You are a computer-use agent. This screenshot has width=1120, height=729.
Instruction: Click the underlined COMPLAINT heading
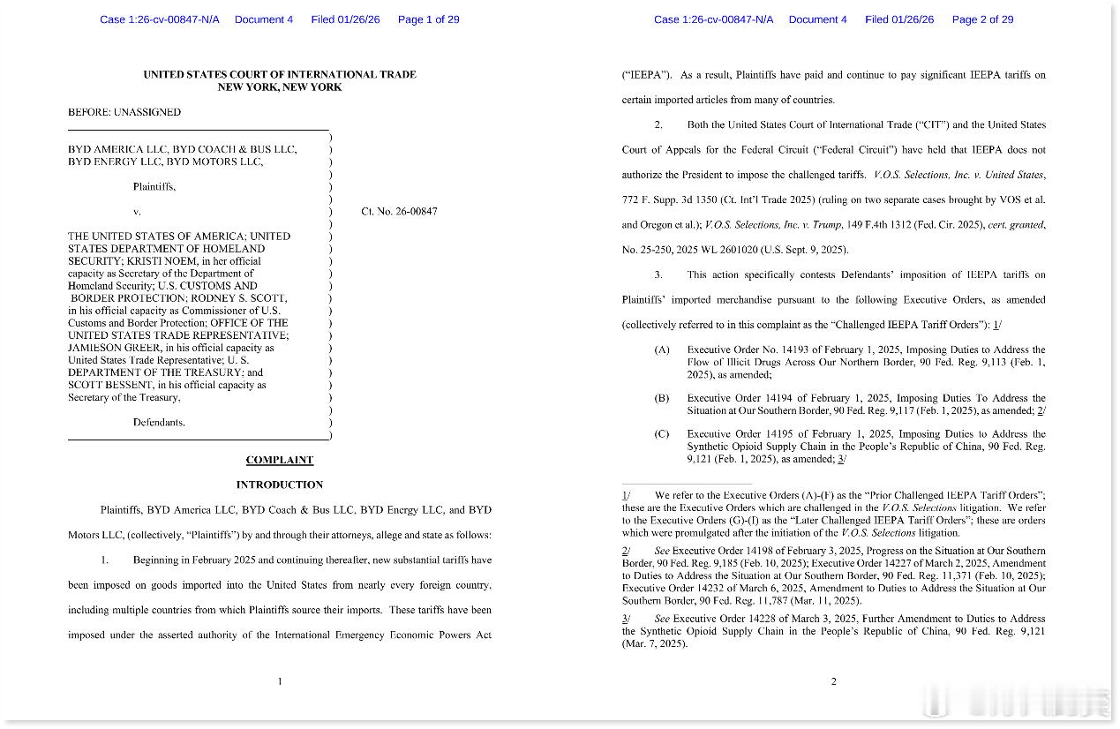pos(279,460)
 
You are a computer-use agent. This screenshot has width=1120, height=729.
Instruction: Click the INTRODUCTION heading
pos(279,485)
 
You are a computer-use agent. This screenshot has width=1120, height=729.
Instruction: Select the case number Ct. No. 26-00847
pos(399,212)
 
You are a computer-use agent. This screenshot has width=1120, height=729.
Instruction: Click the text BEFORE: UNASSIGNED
pos(124,112)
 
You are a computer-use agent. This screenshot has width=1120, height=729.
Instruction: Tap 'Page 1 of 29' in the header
pos(428,19)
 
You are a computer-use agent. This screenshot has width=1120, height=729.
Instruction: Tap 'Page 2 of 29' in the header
pos(982,19)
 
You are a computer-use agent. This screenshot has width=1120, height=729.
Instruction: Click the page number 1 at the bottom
pos(280,681)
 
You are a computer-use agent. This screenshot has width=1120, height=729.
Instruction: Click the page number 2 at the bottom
pos(833,681)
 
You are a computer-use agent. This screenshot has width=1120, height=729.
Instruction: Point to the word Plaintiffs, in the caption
pos(154,187)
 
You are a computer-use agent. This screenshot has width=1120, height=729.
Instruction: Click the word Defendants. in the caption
pos(159,422)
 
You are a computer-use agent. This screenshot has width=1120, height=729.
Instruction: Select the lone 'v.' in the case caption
pos(137,212)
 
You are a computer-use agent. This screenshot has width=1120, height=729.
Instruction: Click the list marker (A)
pos(662,350)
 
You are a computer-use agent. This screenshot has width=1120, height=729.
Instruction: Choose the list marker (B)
pos(662,399)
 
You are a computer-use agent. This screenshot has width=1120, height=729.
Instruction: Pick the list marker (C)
pos(662,434)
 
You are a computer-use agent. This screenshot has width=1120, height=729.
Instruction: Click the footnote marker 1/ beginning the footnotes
pos(626,496)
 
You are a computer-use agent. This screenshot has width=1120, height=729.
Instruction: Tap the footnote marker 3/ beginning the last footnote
pos(626,620)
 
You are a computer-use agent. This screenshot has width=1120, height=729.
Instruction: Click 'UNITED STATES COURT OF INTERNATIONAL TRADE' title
pos(280,75)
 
